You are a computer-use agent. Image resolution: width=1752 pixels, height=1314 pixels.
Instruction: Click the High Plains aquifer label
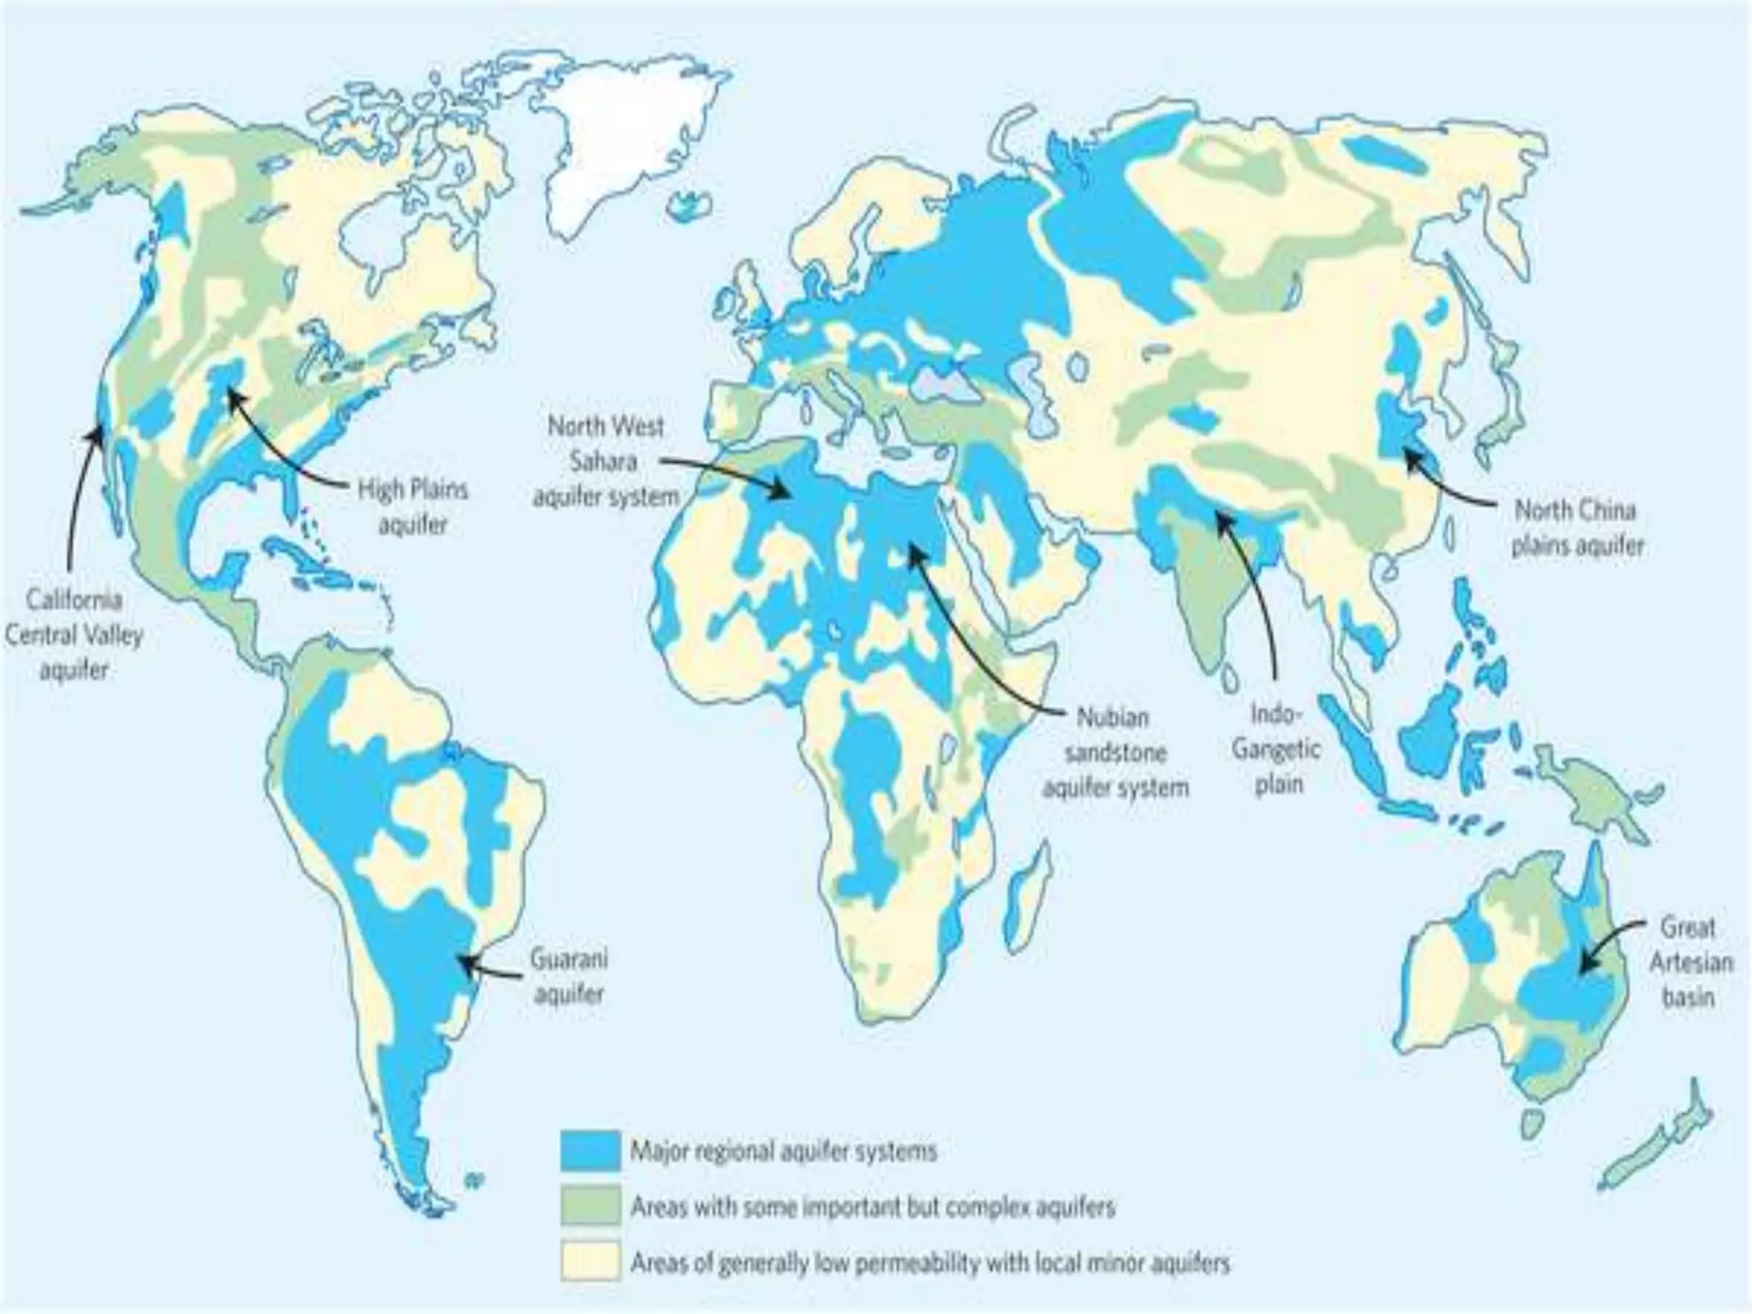point(412,507)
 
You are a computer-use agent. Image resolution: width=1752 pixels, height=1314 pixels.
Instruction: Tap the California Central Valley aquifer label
point(74,634)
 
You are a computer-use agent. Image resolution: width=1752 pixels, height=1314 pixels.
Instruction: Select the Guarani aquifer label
point(569,976)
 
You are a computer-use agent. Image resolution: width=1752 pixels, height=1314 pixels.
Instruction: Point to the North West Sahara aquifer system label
point(606,461)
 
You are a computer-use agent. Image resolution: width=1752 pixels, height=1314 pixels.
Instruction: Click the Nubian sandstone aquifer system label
point(1115,752)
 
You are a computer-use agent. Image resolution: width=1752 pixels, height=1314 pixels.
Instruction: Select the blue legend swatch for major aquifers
point(590,1151)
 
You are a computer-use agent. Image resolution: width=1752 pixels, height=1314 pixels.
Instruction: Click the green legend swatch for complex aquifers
point(590,1206)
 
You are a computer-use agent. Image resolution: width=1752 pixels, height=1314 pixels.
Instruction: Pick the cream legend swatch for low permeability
point(590,1262)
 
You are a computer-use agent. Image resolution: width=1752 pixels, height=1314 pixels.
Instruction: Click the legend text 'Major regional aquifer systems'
point(784,1151)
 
